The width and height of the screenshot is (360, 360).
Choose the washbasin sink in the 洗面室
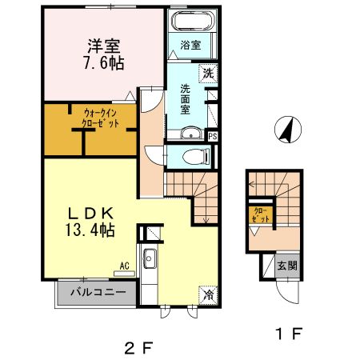[190, 134]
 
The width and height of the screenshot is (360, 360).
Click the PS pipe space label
[212, 137]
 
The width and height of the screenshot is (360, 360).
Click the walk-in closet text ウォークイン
[100, 113]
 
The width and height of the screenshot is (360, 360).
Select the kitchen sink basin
[149, 259]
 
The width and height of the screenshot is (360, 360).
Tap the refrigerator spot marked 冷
[207, 294]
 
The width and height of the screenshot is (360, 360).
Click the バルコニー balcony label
[97, 293]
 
